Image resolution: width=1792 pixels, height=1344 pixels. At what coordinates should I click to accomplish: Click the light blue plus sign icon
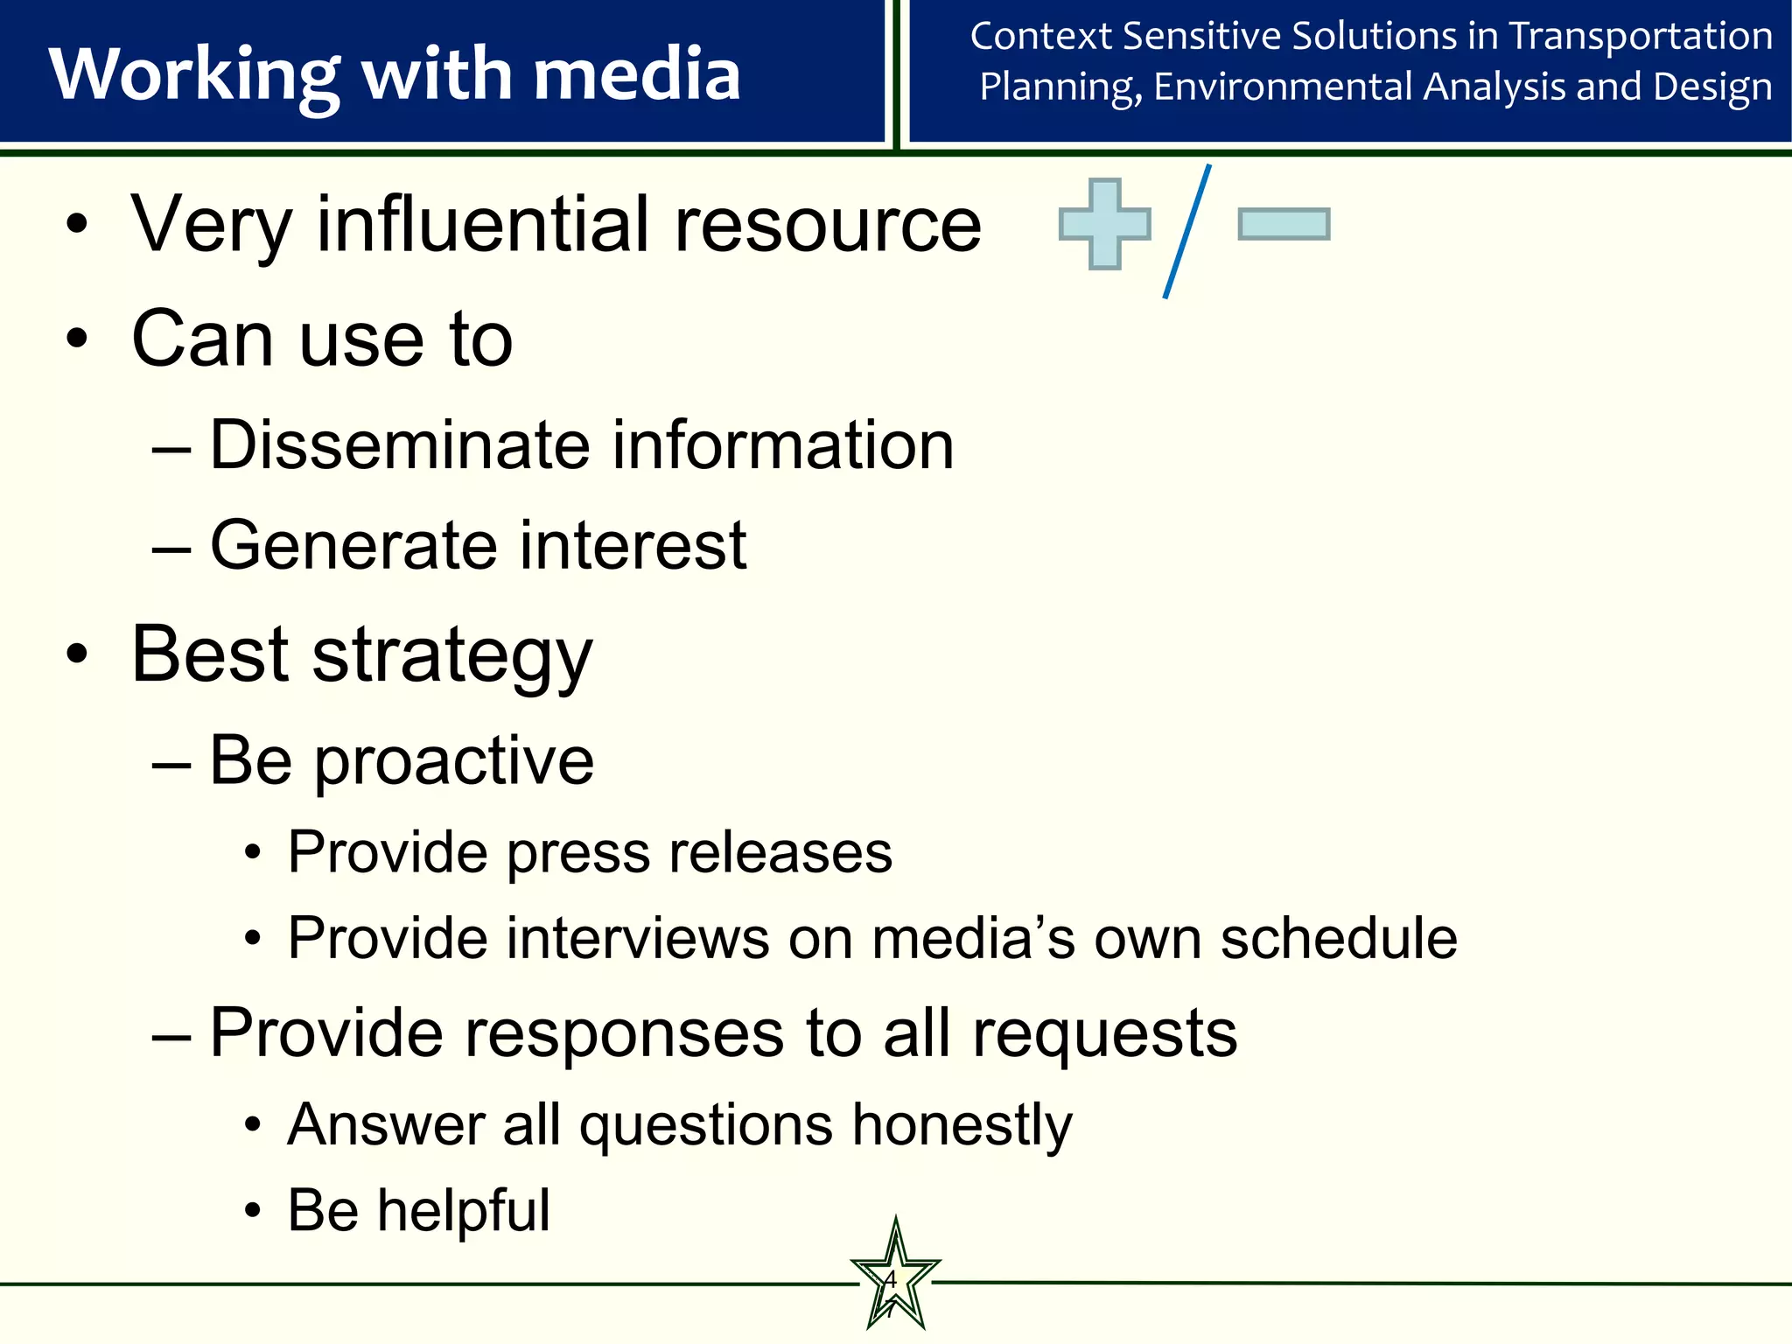[x=1104, y=224]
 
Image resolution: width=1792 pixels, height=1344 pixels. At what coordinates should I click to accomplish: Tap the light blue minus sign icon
[x=1284, y=224]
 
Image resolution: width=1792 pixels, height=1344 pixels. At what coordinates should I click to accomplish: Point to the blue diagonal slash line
[x=1187, y=232]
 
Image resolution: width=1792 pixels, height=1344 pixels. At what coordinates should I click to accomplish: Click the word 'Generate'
[x=354, y=545]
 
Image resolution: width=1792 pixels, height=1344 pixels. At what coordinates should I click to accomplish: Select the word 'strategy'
[x=452, y=656]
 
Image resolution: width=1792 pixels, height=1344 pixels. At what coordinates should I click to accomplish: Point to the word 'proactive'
[x=454, y=761]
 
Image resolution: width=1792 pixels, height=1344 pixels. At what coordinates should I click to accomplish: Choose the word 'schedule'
[x=1338, y=938]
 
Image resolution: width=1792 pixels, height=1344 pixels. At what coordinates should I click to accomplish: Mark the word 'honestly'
[x=962, y=1125]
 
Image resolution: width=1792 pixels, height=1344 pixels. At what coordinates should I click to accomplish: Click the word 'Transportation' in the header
[x=1641, y=37]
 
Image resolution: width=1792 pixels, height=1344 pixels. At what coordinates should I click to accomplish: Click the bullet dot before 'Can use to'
[x=77, y=339]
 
